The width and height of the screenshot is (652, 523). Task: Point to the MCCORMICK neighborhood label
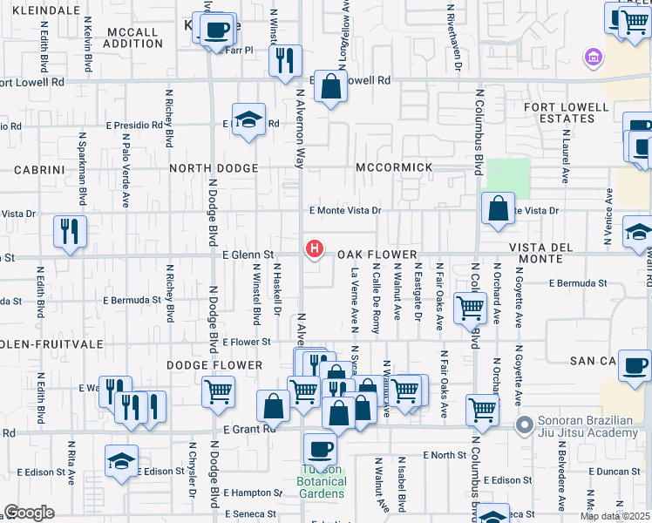point(394,167)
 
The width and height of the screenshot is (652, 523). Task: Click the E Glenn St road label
point(248,255)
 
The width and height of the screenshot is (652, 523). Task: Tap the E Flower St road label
point(248,343)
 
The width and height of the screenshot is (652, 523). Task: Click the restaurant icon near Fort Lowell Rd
point(284,61)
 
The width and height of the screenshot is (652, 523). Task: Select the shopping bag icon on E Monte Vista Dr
point(498,209)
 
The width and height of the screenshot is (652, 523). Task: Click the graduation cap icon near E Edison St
point(121,461)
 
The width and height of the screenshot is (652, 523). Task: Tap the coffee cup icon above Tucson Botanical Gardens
point(320,449)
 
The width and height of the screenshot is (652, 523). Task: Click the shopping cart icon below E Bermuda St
point(470,307)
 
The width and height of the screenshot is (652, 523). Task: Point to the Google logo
point(29,513)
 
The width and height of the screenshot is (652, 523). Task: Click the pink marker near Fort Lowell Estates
point(593,58)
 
